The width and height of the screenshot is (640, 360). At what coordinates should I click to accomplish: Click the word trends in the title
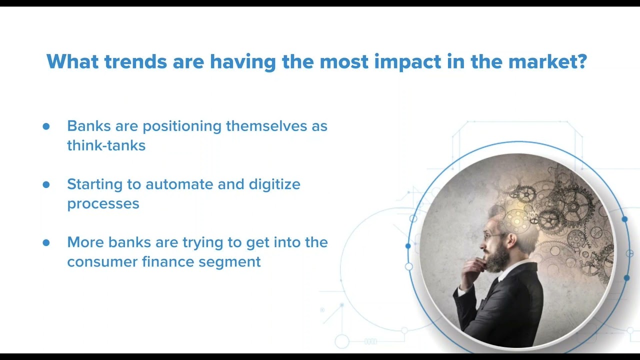tap(135, 61)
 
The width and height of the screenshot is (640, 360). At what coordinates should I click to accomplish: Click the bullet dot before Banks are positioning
tap(46, 126)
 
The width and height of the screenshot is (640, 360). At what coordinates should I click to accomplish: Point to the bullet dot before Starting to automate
tap(46, 184)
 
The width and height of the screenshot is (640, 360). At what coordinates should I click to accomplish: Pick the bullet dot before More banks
tap(46, 242)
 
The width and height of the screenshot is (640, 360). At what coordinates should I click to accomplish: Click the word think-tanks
tap(106, 145)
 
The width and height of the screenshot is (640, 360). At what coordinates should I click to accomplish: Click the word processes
tap(103, 204)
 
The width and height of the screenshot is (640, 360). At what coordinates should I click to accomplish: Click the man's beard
tap(497, 257)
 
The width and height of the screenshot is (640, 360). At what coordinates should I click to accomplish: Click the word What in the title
tap(72, 61)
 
